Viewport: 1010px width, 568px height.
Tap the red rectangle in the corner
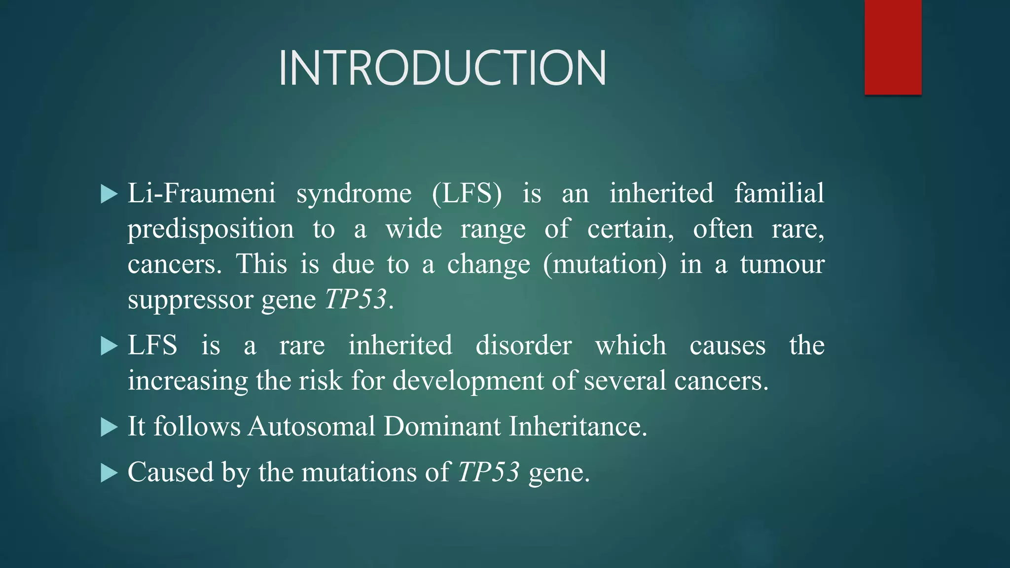[x=893, y=47]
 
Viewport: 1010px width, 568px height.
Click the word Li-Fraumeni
[x=201, y=193]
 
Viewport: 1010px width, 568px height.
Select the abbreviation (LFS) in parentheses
[x=467, y=193]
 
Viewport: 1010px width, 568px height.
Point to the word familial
[x=779, y=193]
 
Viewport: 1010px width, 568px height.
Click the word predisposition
[x=211, y=229]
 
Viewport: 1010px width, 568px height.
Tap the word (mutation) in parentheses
[x=605, y=264]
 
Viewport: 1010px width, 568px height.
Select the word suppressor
[x=190, y=300]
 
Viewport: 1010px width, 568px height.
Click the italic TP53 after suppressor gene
[x=356, y=299]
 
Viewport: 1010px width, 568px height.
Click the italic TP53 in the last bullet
[x=489, y=472]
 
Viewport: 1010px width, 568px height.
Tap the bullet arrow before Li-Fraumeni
[x=109, y=194]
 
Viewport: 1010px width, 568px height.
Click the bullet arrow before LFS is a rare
[x=109, y=346]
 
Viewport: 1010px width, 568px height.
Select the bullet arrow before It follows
[x=109, y=427]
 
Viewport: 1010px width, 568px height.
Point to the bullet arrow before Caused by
[x=109, y=473]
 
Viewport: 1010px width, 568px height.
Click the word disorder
[x=523, y=345]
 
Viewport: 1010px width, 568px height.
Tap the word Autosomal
[x=312, y=426]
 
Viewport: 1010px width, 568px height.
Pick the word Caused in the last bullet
[x=170, y=472]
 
